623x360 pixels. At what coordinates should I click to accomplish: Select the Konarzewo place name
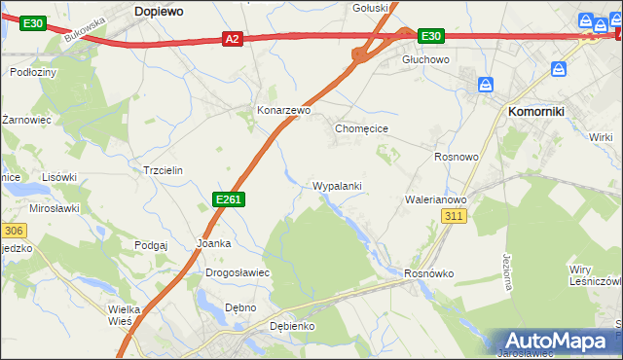point(283,111)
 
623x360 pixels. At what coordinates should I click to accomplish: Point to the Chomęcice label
point(362,127)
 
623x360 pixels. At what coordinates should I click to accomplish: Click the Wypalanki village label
point(338,185)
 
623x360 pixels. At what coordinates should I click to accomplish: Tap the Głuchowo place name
point(425,59)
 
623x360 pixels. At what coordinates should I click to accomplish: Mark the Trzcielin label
point(163,169)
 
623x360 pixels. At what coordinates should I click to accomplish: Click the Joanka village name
point(213,243)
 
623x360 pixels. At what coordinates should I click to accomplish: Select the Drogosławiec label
point(237,273)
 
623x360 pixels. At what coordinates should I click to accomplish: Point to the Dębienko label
point(288,326)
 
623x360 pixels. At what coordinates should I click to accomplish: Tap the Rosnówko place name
point(429,273)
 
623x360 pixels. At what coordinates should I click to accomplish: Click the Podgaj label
point(152,246)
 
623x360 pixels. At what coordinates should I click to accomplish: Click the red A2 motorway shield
point(231,39)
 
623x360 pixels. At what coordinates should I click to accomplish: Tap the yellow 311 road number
point(454,216)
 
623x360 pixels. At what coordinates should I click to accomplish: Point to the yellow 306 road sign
point(13,231)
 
